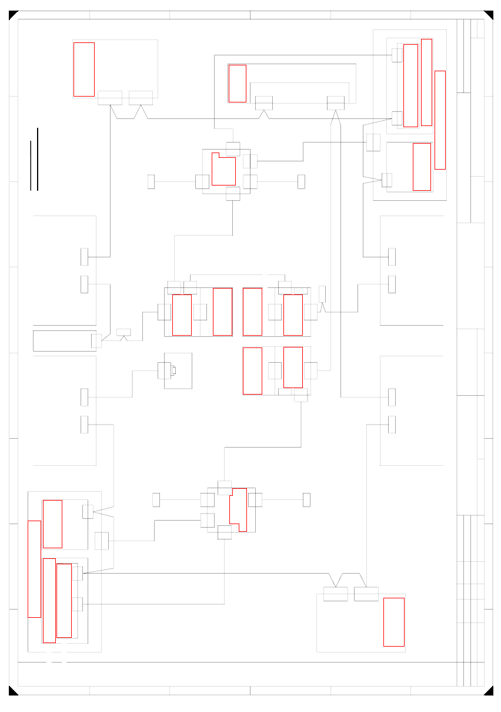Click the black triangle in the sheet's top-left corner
tap(12, 14)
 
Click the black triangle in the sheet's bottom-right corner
tap(489, 691)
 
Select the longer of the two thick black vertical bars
tap(37, 159)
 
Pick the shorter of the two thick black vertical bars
tap(31, 165)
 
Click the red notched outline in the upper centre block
tap(223, 170)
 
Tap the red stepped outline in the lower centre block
tap(239, 509)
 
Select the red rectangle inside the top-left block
tap(83, 69)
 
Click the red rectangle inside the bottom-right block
tap(393, 622)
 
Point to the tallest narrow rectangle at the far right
tap(439, 120)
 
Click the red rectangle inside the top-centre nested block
tap(237, 83)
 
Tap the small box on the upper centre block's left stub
tap(151, 181)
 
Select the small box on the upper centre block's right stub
tap(301, 181)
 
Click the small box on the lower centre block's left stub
tap(156, 499)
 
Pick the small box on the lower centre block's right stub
tap(306, 499)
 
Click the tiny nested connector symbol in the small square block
tap(173, 370)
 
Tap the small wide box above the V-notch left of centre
tap(123, 332)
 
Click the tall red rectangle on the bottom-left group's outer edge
tap(34, 569)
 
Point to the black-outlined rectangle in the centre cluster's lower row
tap(252, 370)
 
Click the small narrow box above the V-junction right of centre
tap(322, 293)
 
